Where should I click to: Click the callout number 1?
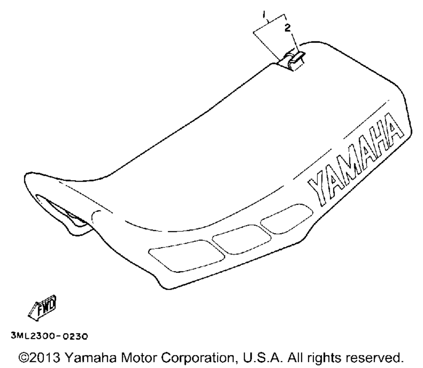[264, 14]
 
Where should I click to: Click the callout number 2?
[288, 28]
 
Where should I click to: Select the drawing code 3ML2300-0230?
[49, 336]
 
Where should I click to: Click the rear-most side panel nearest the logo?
[287, 218]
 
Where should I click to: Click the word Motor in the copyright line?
[139, 358]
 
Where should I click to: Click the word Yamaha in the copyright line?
[91, 358]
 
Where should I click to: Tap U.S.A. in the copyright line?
[263, 358]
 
